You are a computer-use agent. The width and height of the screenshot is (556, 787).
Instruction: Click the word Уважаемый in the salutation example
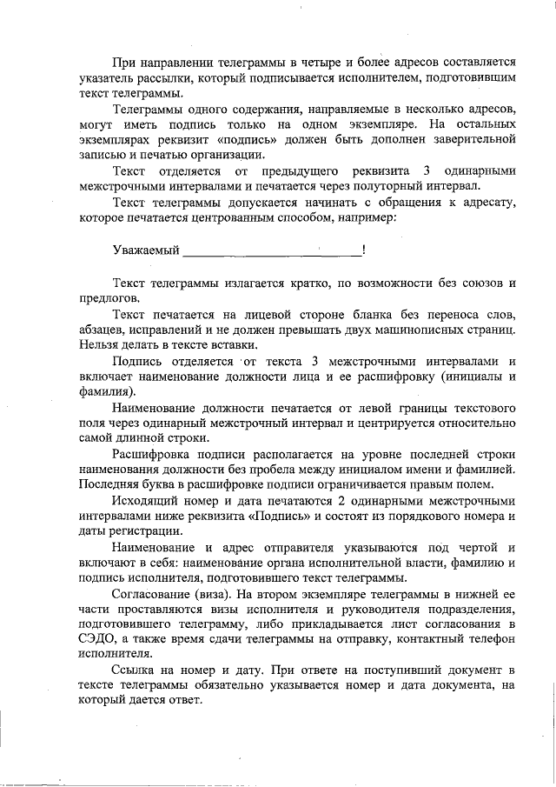point(145,251)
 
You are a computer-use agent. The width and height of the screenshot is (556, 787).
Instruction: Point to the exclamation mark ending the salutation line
point(363,251)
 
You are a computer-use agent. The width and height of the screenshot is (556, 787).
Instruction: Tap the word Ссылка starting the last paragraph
point(133,670)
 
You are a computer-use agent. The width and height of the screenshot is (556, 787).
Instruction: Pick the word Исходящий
point(143,502)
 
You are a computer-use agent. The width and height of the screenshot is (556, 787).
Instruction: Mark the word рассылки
point(170,78)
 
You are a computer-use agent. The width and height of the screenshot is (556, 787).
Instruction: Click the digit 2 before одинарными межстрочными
point(341,502)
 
